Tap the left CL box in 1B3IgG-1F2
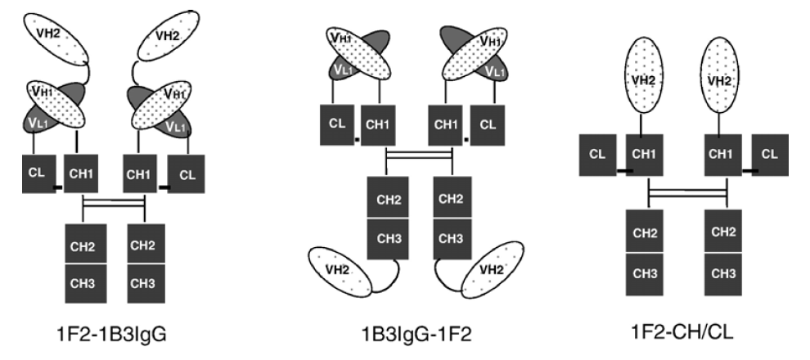335,124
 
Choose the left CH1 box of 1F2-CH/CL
644,154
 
